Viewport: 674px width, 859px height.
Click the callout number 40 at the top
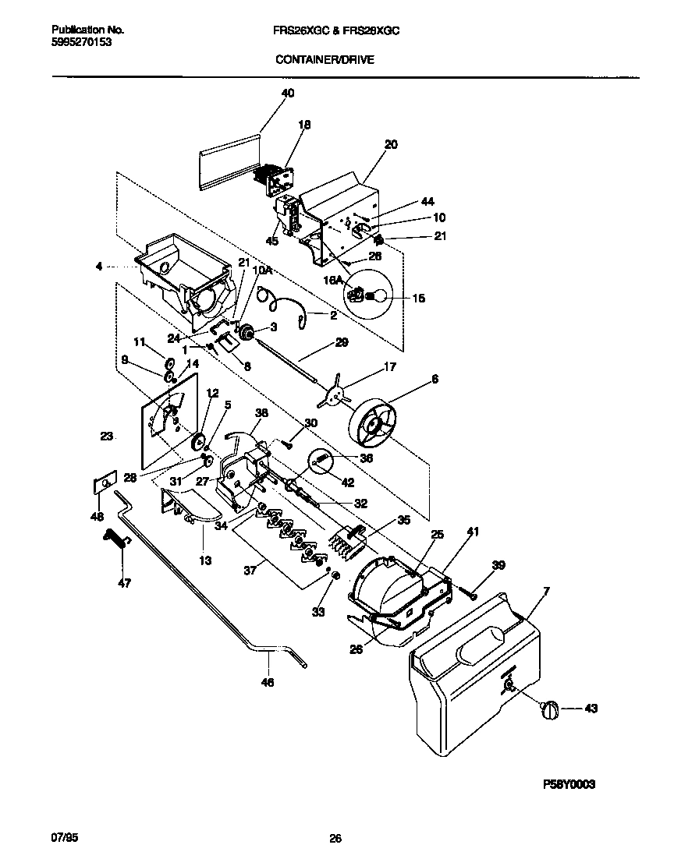pos(287,93)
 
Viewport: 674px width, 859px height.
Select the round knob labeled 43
pos(550,709)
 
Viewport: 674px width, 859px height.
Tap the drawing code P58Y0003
pos(571,784)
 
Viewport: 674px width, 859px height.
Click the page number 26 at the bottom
pos(335,839)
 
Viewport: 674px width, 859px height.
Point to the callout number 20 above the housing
pos(391,144)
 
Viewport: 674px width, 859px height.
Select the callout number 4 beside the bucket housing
pos(98,267)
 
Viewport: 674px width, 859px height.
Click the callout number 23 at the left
pos(107,437)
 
